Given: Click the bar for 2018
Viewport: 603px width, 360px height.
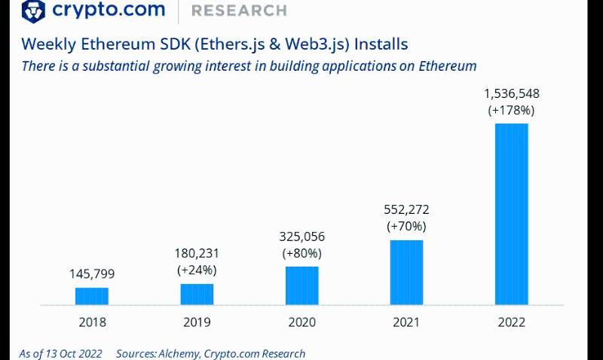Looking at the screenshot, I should (x=92, y=296).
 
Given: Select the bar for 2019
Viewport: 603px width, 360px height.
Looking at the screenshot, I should (x=197, y=294).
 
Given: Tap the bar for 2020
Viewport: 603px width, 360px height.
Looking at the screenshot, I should (x=301, y=285).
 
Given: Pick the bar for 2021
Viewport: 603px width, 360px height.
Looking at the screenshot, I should (x=406, y=272).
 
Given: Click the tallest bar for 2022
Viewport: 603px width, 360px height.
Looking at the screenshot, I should (x=511, y=214).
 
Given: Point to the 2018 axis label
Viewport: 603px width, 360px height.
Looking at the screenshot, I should (x=92, y=322).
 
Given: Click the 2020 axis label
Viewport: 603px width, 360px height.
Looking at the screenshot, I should (x=301, y=322).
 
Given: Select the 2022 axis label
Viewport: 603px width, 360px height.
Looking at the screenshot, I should (x=511, y=322).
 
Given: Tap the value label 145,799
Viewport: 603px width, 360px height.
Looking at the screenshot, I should (x=92, y=274).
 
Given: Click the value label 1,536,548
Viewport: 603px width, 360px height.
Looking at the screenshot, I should (x=511, y=94).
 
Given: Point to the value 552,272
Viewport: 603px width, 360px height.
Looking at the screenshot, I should (x=406, y=210).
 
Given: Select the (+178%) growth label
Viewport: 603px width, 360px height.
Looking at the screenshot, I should (x=511, y=110).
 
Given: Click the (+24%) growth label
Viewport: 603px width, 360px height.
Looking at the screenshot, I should (x=197, y=270).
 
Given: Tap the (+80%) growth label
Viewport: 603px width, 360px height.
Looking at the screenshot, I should (x=301, y=252).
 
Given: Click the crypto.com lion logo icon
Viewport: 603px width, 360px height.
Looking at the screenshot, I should (x=34, y=11).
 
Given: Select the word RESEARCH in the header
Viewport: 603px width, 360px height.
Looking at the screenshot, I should (x=239, y=11).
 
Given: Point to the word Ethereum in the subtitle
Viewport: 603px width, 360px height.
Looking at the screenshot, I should (x=442, y=66).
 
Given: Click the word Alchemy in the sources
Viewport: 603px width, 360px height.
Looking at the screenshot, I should (x=179, y=353).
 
